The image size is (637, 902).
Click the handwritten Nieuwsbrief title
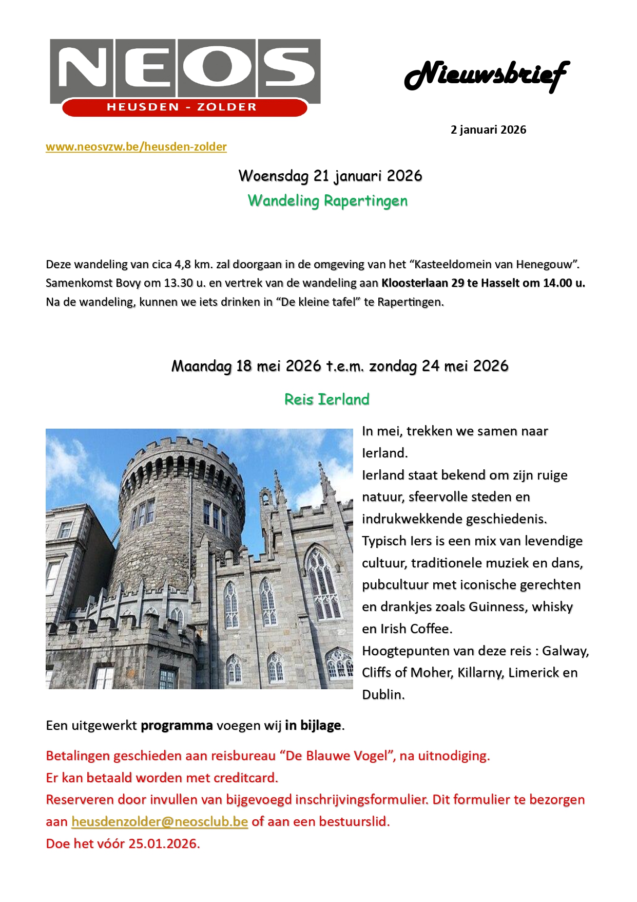[487, 76]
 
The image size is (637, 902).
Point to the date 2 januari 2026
[488, 130]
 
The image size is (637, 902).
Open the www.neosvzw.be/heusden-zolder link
[136, 147]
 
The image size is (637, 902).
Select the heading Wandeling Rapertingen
[327, 201]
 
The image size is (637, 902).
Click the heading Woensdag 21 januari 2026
[330, 176]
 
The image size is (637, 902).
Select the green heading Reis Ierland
[327, 399]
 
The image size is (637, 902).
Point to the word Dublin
[383, 695]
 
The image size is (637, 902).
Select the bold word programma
[177, 726]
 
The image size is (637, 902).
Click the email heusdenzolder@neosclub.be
[160, 822]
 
